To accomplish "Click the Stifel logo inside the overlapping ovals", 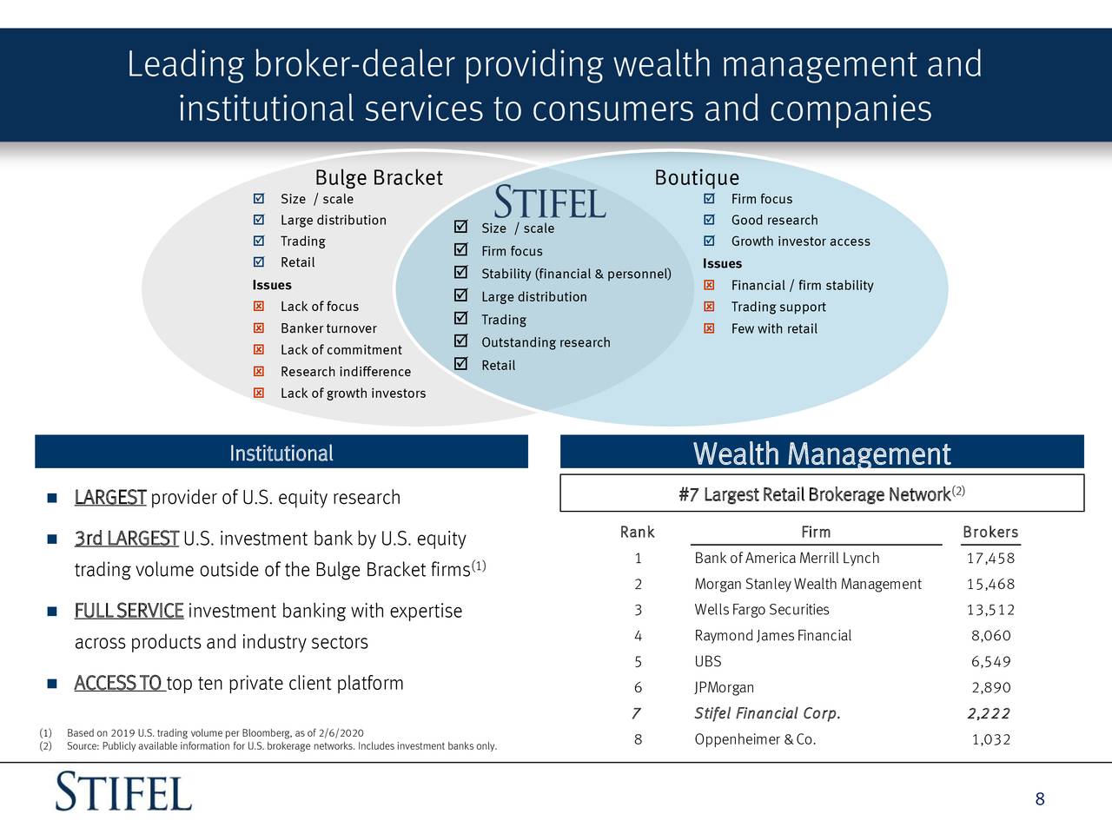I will point(550,202).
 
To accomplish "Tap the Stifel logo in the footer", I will point(123,792).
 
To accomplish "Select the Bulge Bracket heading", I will point(378,178).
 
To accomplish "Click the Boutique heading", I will point(697,178).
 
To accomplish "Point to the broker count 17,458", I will point(990,559).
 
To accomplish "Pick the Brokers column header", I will point(990,533).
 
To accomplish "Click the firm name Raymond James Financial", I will point(772,636).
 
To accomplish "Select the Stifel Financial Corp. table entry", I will point(767,714).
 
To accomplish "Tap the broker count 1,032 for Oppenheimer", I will point(990,740).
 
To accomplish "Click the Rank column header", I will point(637,533).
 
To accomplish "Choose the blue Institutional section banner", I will point(281,453).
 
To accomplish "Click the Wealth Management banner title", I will point(822,453).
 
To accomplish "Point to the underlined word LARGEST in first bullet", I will point(110,498).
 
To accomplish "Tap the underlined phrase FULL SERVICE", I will point(129,611).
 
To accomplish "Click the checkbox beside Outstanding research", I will point(461,341).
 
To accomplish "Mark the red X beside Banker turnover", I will point(258,328).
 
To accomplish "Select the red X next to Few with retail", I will point(709,328).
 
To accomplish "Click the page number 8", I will point(1040,799).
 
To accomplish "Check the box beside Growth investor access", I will point(709,242).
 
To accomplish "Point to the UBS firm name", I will point(708,662).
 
